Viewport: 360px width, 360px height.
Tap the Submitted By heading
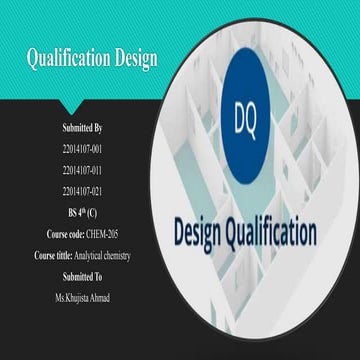[x=82, y=128]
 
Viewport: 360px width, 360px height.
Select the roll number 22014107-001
[x=82, y=148]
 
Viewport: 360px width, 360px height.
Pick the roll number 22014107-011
[x=82, y=169]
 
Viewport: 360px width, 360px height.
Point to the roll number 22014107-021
[x=82, y=190]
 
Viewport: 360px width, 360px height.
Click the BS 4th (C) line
[x=82, y=212]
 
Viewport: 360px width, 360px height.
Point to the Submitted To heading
[x=82, y=276]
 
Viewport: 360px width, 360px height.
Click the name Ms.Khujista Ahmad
[x=82, y=297]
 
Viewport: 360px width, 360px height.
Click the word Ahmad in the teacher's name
[x=98, y=297]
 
